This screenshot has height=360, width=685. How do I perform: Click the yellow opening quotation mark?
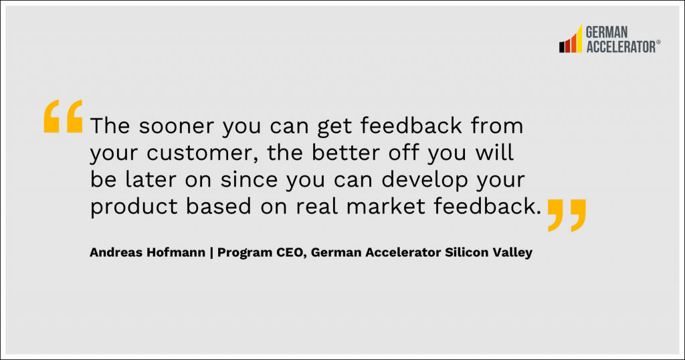64,116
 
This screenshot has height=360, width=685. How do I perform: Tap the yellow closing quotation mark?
567,215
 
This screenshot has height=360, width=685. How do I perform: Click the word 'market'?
386,207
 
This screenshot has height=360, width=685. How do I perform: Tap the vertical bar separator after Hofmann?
212,253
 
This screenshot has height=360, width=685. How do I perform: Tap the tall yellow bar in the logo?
579,38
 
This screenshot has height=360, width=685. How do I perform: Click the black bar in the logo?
562,47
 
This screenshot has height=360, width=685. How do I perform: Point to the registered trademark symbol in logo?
658,42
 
